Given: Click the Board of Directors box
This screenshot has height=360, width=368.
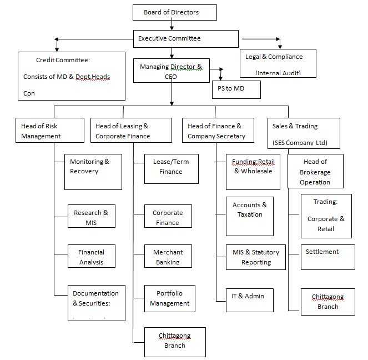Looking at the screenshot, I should tap(174, 12).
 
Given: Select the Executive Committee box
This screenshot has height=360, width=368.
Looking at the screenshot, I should tap(185, 39).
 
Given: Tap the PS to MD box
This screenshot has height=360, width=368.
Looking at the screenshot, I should tap(236, 89).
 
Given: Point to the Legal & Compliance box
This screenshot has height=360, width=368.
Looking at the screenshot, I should tap(278, 62).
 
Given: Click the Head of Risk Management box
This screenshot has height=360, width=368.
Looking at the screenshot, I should tap(49, 131).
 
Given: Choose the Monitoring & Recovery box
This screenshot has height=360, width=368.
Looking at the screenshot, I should tap(93, 172).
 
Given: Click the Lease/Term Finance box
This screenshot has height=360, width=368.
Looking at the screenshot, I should tap(171, 168).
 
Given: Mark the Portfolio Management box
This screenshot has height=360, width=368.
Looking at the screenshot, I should tap(169, 299).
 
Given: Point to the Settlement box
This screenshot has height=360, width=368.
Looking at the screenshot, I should tap(327, 257).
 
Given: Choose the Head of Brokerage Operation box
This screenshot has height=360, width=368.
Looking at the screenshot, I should tap(315, 172).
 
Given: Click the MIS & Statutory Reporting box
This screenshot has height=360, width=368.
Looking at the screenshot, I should tap(256, 257).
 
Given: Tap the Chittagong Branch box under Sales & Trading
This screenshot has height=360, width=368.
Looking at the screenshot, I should tap(327, 302).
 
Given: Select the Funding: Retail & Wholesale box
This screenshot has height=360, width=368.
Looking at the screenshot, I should tap(253, 172).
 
